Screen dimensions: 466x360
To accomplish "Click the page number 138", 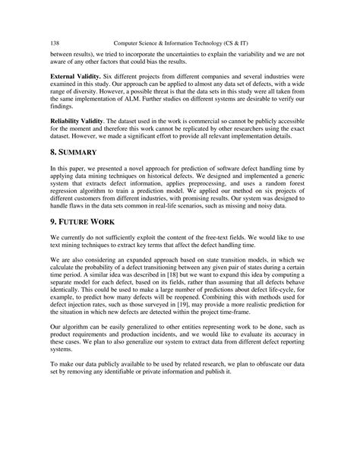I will coord(55,43).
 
